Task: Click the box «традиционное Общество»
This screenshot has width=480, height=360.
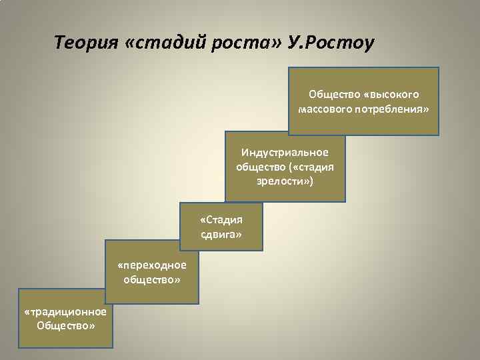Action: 65,319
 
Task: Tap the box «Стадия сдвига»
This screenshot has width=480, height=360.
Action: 221,227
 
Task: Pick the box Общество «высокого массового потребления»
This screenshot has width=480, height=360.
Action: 363,101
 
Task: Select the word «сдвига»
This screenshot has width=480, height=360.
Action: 221,235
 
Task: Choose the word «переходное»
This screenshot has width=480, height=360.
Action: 151,265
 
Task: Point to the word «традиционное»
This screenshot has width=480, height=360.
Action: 65,312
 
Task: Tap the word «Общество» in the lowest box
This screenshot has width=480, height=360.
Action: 65,326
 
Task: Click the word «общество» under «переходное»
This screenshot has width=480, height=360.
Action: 151,279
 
